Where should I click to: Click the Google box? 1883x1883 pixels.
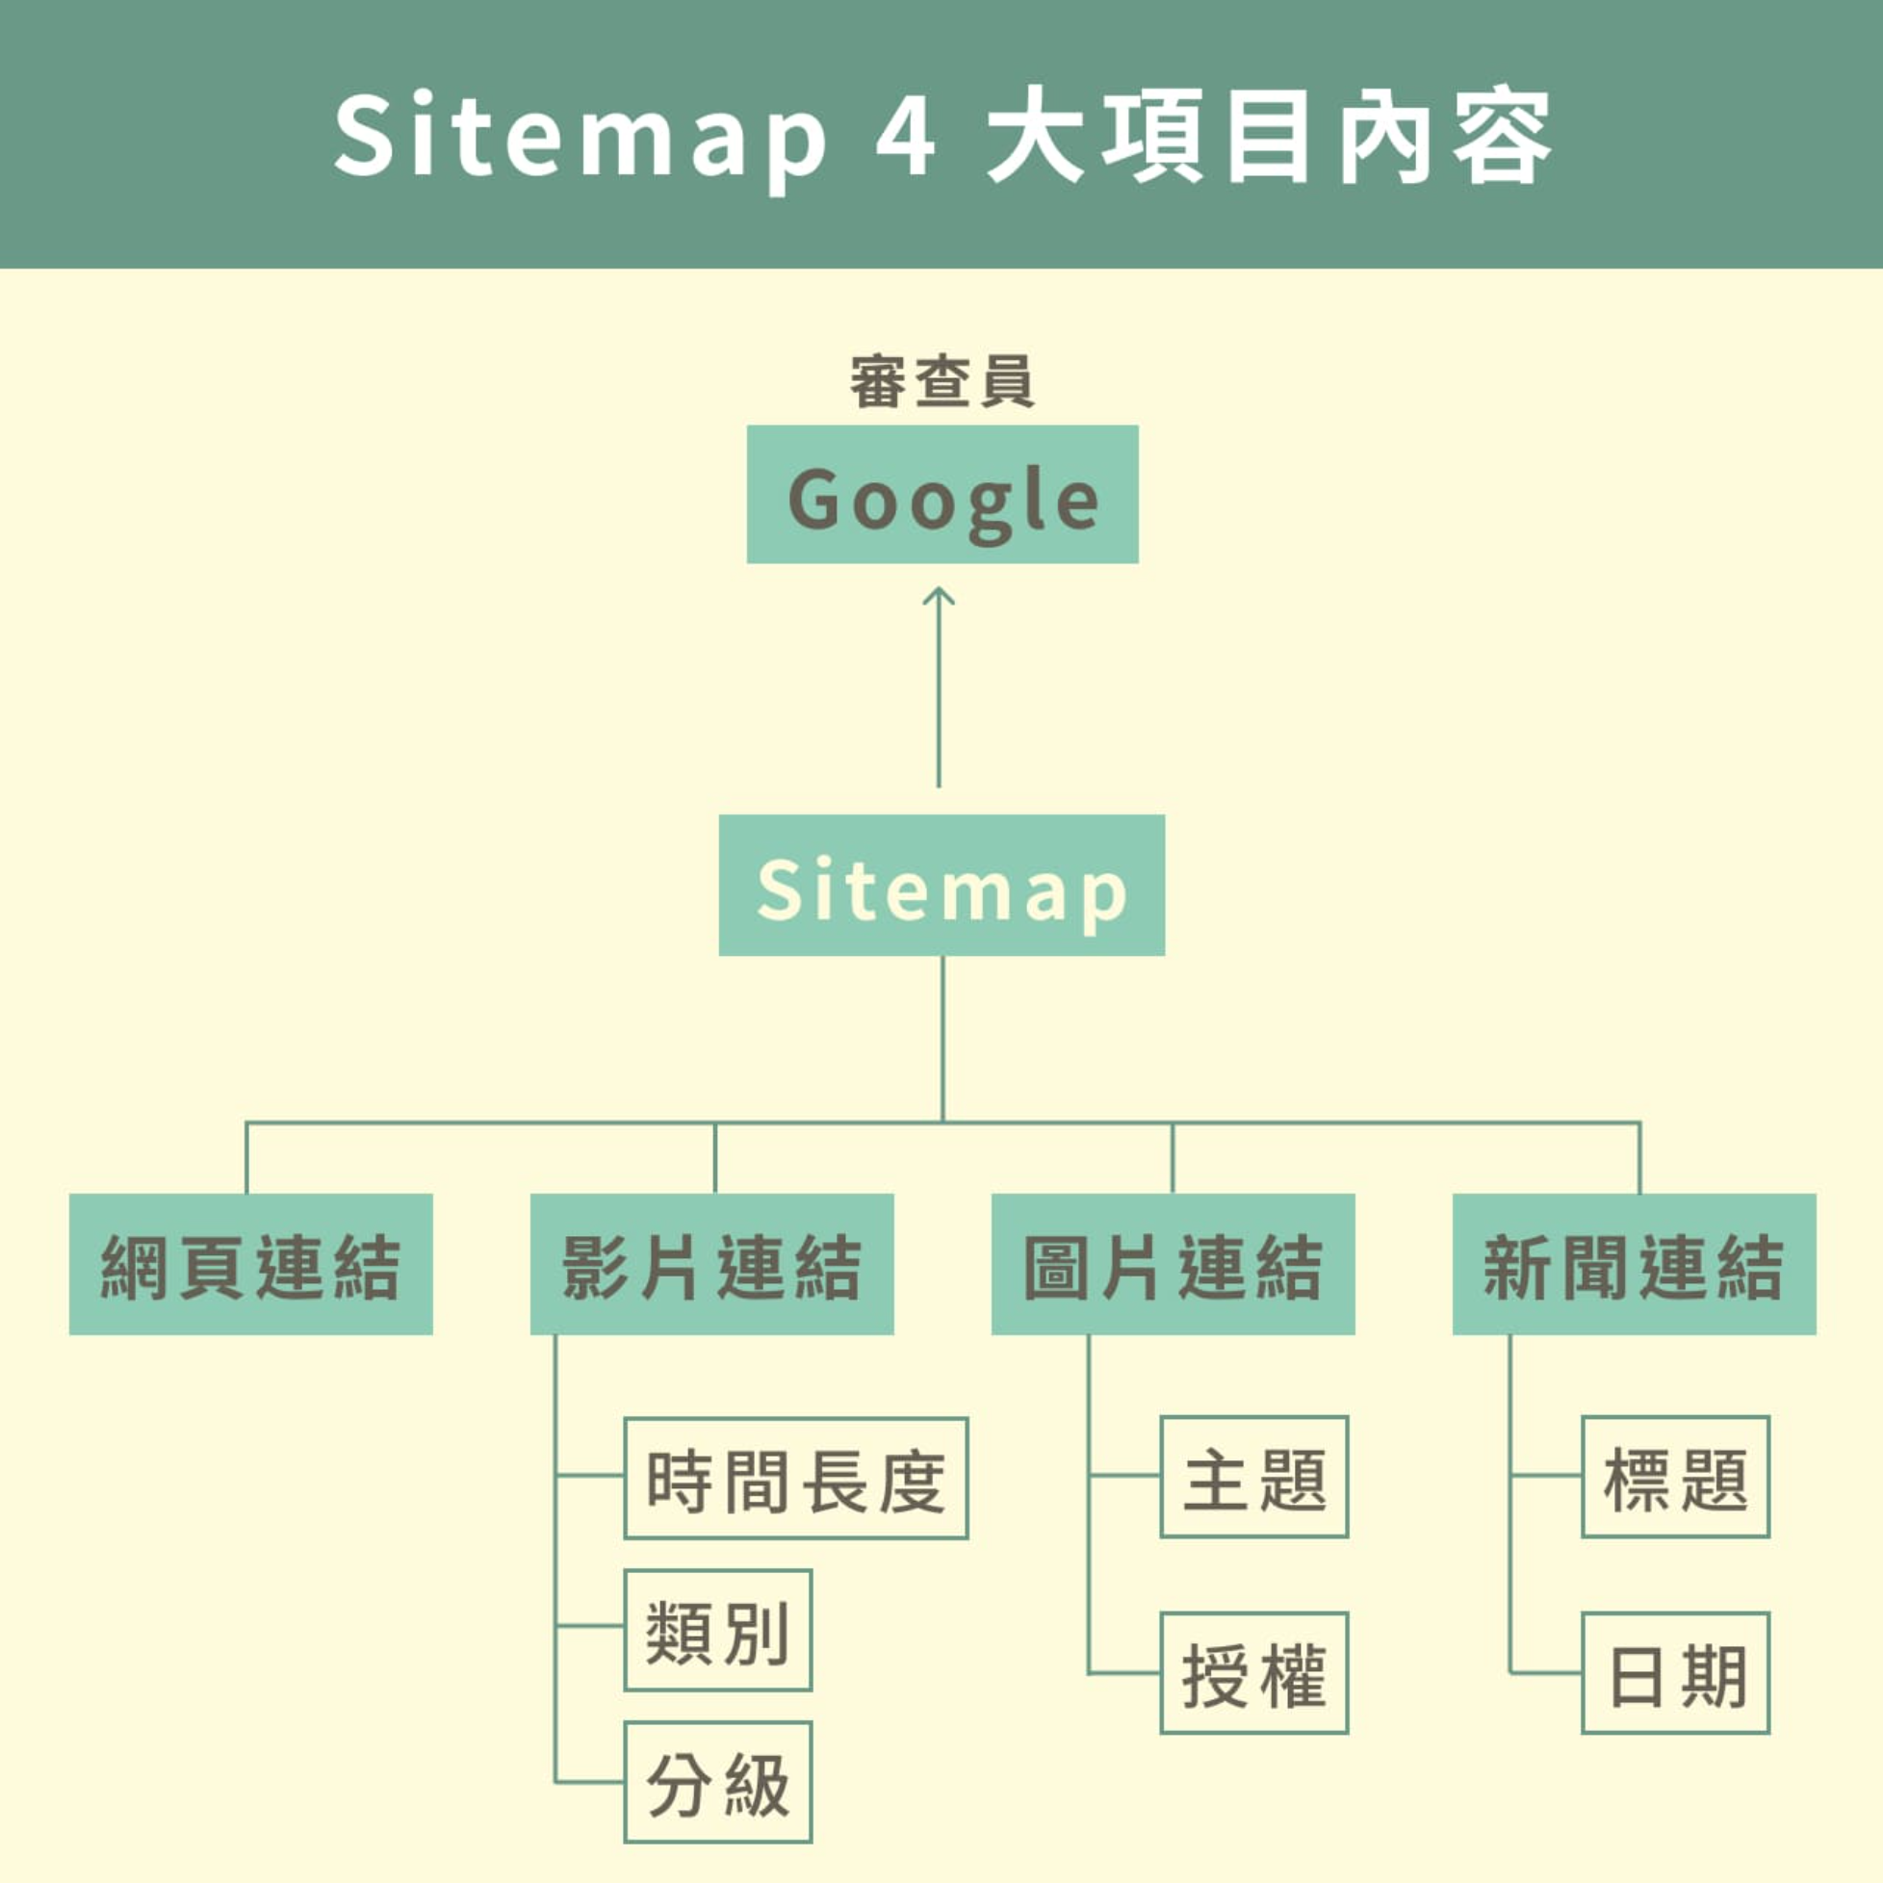coord(942,494)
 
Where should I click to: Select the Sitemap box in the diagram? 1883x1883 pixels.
coord(941,885)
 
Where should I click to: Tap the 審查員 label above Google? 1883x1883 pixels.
coord(941,381)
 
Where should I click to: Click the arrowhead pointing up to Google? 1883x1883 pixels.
coord(939,597)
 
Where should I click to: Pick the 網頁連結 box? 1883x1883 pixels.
coord(250,1264)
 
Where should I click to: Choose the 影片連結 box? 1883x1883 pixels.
coord(711,1264)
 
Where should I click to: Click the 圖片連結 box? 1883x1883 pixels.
coord(1173,1264)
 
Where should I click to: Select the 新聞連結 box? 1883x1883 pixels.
coord(1634,1264)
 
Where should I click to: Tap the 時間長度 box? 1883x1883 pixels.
coord(795,1479)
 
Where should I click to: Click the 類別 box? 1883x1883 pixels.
coord(717,1631)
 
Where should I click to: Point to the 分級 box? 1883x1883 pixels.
coord(717,1783)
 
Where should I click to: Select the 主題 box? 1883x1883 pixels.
coord(1253,1478)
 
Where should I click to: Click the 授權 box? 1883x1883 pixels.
coord(1253,1673)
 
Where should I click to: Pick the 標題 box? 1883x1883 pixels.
coord(1674,1478)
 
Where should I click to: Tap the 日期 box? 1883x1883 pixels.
coord(1674,1673)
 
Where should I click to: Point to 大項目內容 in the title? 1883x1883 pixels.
coord(1268,136)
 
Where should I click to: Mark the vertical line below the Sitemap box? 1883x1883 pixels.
coord(942,1039)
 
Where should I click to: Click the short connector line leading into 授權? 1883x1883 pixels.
coord(1123,1673)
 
